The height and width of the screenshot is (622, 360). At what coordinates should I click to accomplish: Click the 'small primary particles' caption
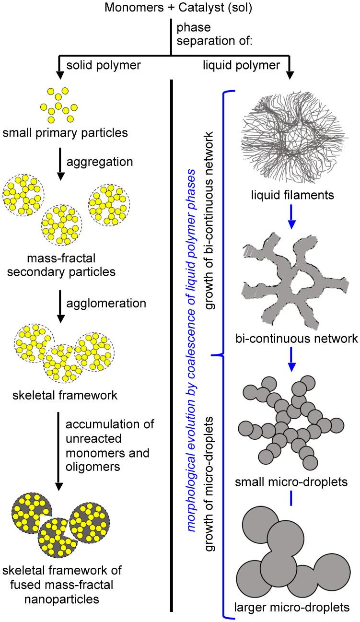pyautogui.click(x=64, y=132)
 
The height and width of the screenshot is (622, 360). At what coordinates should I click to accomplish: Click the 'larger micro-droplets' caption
pyautogui.click(x=292, y=607)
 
